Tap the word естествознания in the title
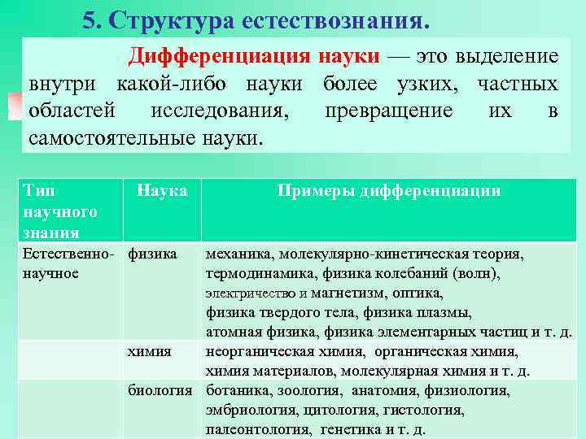(335, 20)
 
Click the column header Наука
(162, 191)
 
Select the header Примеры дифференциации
(388, 191)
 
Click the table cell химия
(150, 351)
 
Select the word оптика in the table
(417, 293)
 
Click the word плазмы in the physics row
(448, 312)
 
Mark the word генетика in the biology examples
(350, 429)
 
